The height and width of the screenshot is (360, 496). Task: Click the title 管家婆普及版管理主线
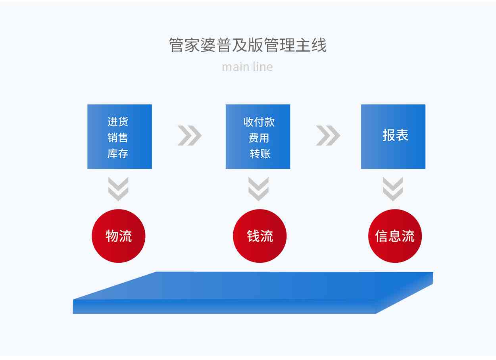point(248,45)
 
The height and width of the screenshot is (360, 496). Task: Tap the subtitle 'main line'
point(247,67)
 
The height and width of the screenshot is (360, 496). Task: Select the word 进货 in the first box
point(118,121)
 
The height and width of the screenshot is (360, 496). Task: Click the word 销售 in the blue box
point(118,138)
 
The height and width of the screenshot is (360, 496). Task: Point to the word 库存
point(118,154)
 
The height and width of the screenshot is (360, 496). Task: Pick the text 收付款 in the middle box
point(259,122)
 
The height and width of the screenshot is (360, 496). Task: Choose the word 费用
point(259,138)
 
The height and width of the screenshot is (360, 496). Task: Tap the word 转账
point(260,154)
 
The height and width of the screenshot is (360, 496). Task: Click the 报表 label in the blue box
point(396,135)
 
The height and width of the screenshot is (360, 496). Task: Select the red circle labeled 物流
point(119,236)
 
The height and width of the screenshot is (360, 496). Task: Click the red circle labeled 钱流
point(260,236)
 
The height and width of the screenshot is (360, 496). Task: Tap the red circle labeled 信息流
point(395,236)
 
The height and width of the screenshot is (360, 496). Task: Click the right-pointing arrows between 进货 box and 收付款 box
point(190,135)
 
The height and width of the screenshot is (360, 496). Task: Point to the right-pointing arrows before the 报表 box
point(328,135)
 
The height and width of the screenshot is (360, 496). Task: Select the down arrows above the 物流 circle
point(118,189)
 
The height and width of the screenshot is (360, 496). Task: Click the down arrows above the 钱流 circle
point(258,189)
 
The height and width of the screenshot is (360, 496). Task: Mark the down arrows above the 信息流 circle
point(393,189)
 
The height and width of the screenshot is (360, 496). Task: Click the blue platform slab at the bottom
point(253,293)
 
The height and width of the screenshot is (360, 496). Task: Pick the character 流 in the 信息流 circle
point(408,236)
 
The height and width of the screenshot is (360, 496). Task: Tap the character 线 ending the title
point(319,45)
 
